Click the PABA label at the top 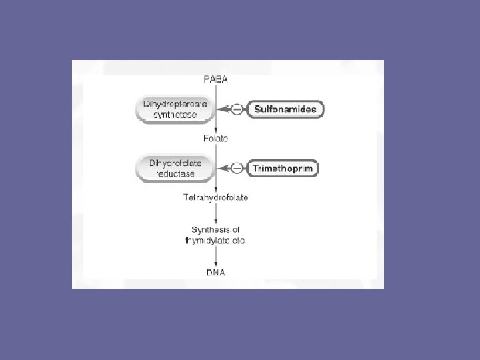(215, 79)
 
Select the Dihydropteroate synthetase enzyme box (175, 110)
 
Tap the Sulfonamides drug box (286, 109)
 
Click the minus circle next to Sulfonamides (237, 109)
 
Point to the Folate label (215, 139)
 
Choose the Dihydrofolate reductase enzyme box (175, 168)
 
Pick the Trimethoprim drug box (283, 169)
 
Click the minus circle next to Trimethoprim (237, 169)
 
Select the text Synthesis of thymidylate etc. (215, 235)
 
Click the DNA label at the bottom (215, 273)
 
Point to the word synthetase (175, 116)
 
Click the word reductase (175, 174)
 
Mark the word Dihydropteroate (175, 105)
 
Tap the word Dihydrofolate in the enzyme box (175, 163)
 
